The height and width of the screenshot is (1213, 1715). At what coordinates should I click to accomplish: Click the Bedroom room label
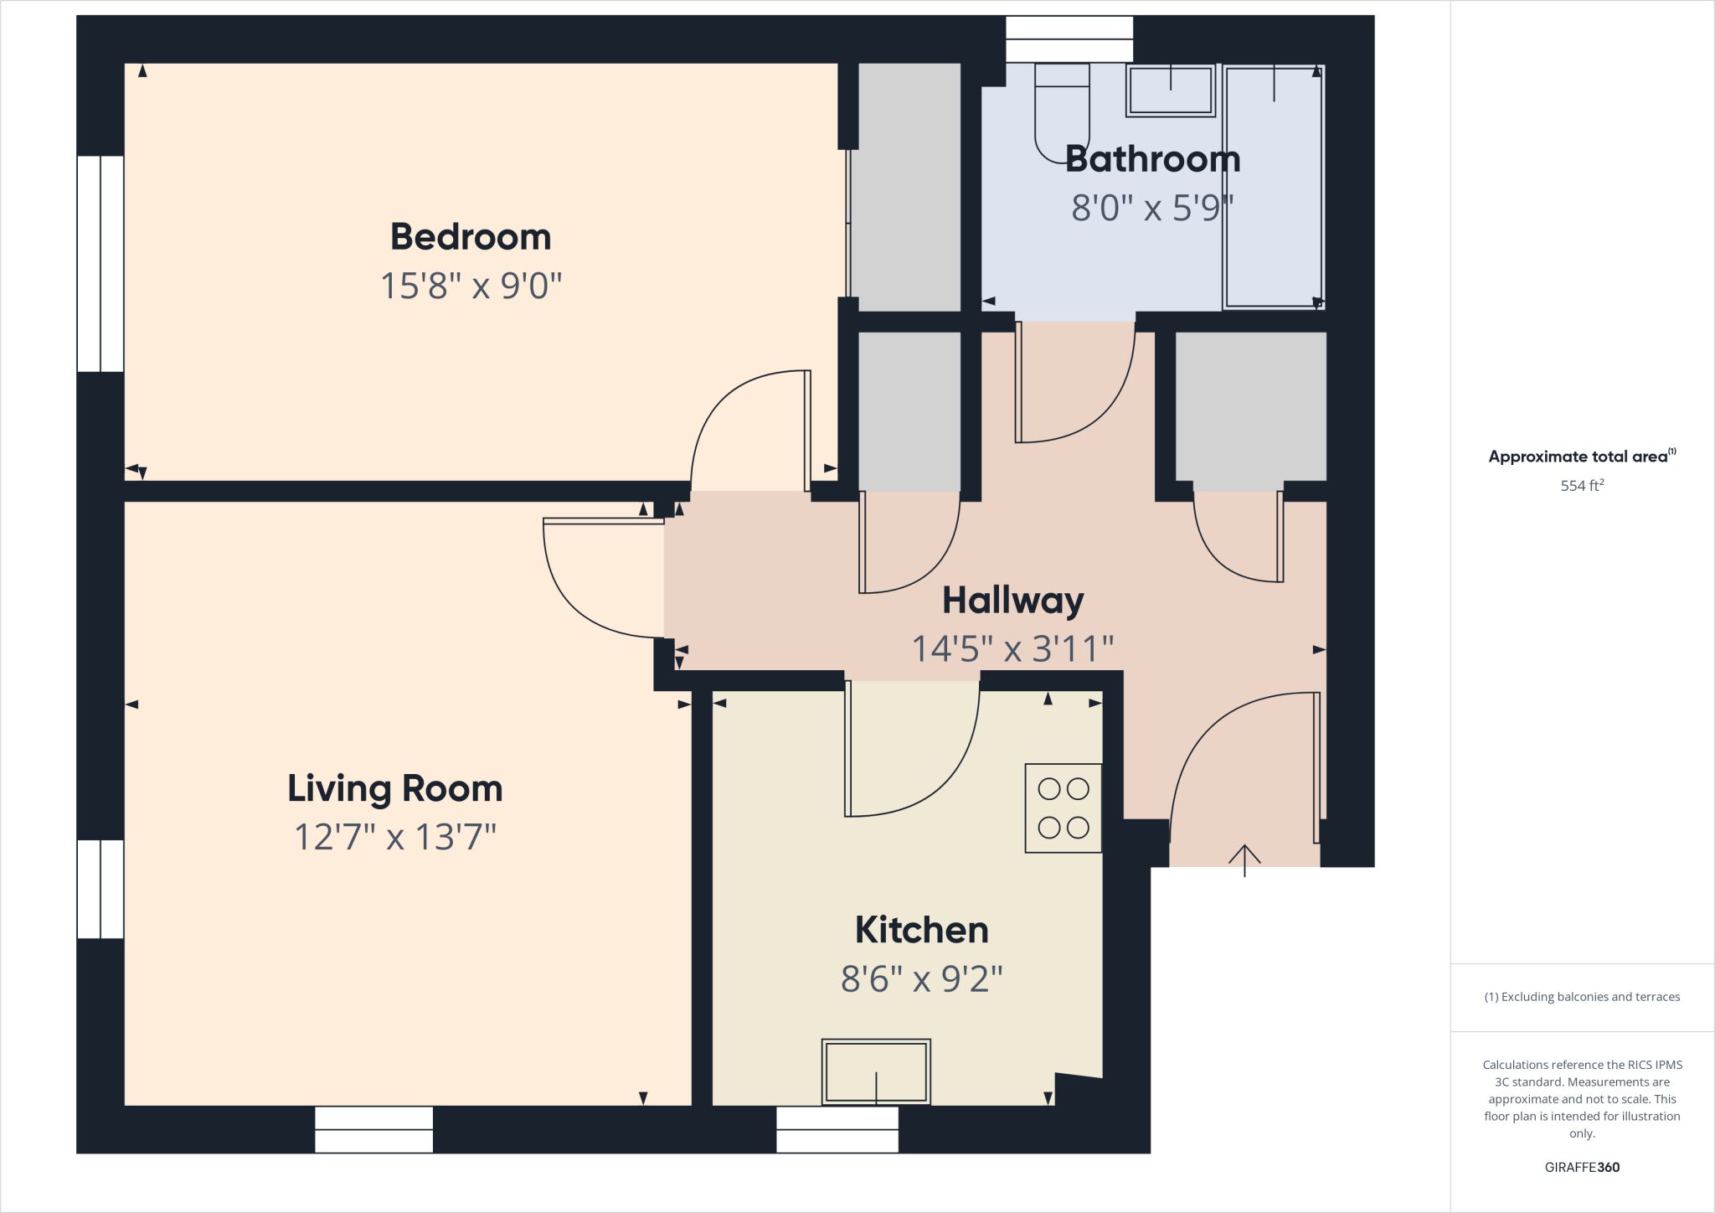point(471,237)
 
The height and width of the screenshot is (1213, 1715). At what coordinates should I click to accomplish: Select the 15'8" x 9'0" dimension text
point(471,286)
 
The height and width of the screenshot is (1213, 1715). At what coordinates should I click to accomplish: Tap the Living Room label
point(395,788)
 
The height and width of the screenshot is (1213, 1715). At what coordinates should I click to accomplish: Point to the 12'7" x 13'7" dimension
point(395,837)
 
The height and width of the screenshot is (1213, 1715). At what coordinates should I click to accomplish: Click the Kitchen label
point(921,930)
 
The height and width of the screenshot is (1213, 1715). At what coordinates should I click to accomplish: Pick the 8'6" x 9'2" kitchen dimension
point(921,978)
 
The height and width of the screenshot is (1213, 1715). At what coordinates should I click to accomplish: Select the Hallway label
point(1012,600)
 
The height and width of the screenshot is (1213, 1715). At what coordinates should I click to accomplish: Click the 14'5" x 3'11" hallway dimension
point(1012,648)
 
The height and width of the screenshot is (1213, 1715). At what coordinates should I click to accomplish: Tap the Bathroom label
point(1152,159)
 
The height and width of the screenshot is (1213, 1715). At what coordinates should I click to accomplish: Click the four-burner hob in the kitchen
point(1064,808)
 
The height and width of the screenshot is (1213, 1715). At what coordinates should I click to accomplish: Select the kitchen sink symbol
point(876,1072)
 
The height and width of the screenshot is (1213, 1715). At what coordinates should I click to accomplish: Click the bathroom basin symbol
point(1171,90)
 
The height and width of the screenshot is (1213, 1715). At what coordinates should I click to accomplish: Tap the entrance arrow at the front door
point(1244,859)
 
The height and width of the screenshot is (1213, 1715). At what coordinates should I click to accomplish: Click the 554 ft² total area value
point(1582,485)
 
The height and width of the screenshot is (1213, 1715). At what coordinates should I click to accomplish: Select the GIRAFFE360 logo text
point(1582,1167)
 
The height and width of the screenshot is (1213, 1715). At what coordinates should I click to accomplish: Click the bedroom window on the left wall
point(100,264)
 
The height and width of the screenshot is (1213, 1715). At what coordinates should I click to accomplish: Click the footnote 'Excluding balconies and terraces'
point(1582,997)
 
